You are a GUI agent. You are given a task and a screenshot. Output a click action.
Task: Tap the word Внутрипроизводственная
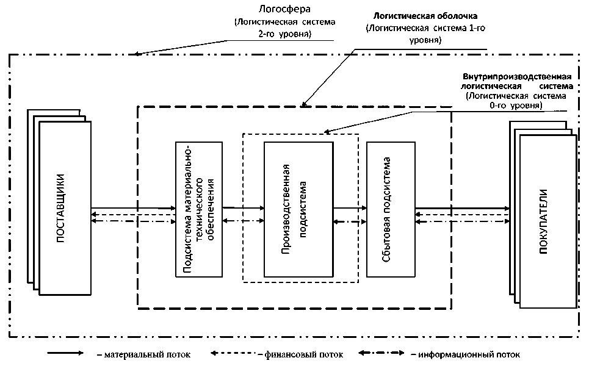[x=517, y=77]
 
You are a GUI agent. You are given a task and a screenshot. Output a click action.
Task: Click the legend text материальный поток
[x=146, y=354]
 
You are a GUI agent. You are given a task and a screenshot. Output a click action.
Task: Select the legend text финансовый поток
[x=303, y=354]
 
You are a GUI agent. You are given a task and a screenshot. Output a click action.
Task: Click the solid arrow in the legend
[x=65, y=353]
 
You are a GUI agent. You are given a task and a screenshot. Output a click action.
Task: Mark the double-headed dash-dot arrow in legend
[x=381, y=353]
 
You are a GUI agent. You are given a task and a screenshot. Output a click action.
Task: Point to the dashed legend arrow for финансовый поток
[x=234, y=353]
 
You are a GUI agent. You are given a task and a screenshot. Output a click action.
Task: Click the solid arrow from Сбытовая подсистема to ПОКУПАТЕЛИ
[x=461, y=209]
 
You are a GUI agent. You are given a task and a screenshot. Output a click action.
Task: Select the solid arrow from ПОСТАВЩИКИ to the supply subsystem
[x=132, y=209]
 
